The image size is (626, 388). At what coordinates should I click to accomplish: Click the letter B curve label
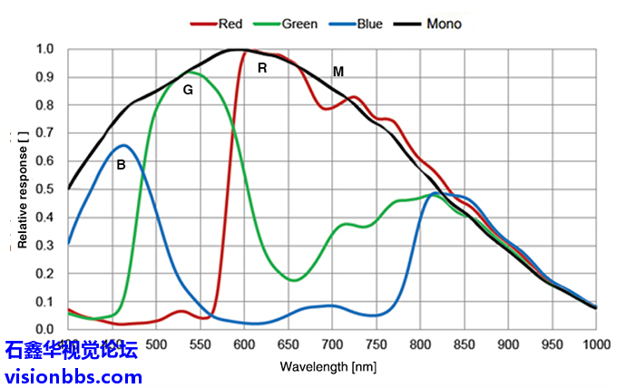pyautogui.click(x=120, y=165)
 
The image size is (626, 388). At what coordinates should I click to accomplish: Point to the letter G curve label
pyautogui.click(x=188, y=90)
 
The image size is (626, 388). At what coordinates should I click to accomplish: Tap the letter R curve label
pyautogui.click(x=262, y=67)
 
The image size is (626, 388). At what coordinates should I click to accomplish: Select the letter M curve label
pyautogui.click(x=338, y=71)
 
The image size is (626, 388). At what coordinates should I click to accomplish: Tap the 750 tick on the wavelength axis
pyautogui.click(x=376, y=344)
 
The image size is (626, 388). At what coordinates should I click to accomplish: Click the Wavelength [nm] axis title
pyautogui.click(x=327, y=367)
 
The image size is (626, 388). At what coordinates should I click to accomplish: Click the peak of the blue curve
pyautogui.click(x=124, y=145)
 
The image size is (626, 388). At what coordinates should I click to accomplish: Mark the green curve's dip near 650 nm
pyautogui.click(x=294, y=280)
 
